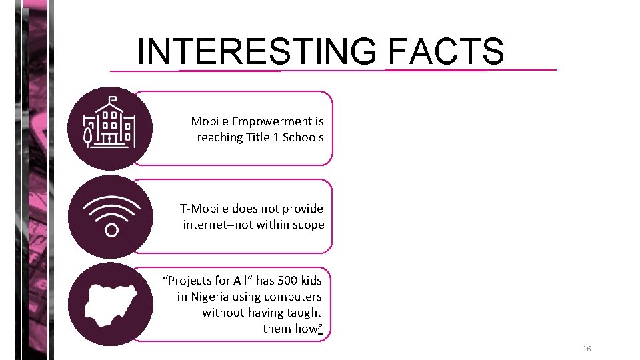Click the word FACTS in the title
445,51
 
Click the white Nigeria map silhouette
111,305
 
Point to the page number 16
587,349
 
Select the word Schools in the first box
303,137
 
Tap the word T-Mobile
204,209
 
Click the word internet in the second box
205,225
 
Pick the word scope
308,225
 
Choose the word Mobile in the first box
209,121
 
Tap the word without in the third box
223,313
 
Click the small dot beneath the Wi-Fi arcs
111,230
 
